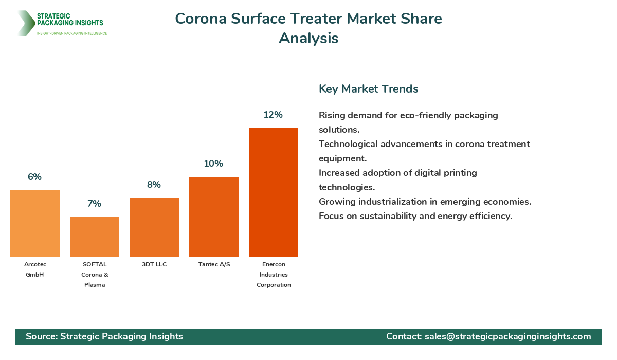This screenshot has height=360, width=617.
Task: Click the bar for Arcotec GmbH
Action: pyautogui.click(x=35, y=224)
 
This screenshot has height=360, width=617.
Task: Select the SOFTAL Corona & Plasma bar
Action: pyautogui.click(x=95, y=237)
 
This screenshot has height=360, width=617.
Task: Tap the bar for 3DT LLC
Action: pyautogui.click(x=154, y=227)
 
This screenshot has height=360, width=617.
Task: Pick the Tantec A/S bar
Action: pyautogui.click(x=214, y=217)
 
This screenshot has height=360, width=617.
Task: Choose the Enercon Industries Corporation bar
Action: pyautogui.click(x=274, y=192)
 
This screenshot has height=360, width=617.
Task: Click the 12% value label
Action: pyautogui.click(x=273, y=115)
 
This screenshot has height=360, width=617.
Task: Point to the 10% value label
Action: pyautogui.click(x=213, y=164)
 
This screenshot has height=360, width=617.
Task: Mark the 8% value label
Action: pyautogui.click(x=154, y=185)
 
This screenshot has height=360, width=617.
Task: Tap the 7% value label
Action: pyautogui.click(x=94, y=204)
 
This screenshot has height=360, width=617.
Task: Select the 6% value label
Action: pyautogui.click(x=34, y=177)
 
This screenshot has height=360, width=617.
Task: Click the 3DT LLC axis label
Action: pyautogui.click(x=154, y=264)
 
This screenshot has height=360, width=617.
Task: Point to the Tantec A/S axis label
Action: pyautogui.click(x=214, y=264)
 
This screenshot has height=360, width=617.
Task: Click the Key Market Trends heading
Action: pyautogui.click(x=368, y=88)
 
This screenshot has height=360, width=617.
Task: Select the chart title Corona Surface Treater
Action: pyautogui.click(x=308, y=19)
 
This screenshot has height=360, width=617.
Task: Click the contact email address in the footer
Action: pyautogui.click(x=507, y=336)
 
